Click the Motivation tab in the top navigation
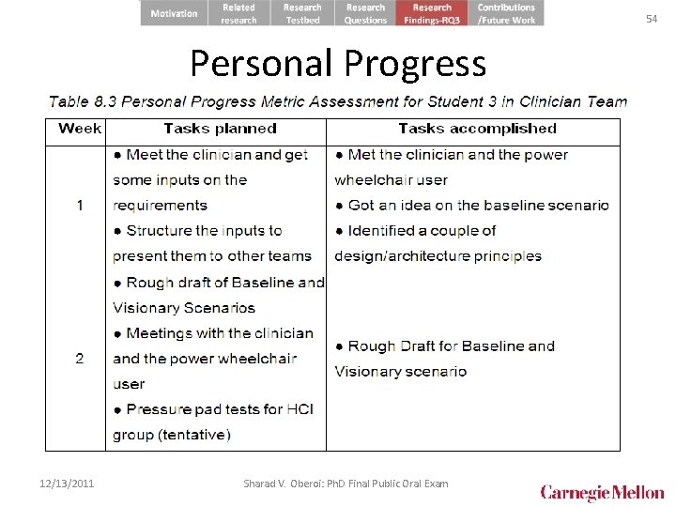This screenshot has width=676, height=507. pos(174,13)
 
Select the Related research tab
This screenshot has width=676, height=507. pos(238,13)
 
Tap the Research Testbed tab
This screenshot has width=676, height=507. pos(302,13)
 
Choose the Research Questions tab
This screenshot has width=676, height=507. pos(365,13)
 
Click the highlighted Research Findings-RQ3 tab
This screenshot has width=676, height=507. pos(432,13)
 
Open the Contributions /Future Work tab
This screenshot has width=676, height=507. pos(506,13)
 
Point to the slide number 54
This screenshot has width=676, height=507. pos(652,19)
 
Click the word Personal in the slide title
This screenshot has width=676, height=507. pos(262,63)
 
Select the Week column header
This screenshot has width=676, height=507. pos(80,129)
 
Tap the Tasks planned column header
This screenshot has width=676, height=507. pos(220,129)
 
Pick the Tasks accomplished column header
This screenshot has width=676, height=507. pos(477,129)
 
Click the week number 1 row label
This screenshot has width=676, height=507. pos(80,205)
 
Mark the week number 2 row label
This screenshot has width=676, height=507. pos(80,358)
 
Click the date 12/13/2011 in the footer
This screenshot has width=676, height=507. pos(67,484)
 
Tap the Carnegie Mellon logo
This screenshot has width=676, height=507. pos(602,492)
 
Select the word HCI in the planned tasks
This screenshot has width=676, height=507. pos(300,409)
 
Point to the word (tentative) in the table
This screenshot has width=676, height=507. pos(194,435)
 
